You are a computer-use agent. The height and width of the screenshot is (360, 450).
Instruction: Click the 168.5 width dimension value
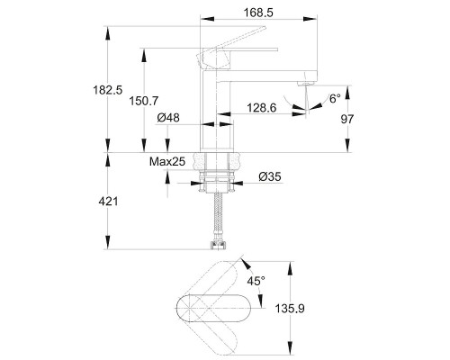click(x=258, y=13)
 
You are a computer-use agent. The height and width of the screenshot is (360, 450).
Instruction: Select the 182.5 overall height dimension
click(x=108, y=90)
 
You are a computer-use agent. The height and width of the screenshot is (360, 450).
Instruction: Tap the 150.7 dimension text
click(x=143, y=101)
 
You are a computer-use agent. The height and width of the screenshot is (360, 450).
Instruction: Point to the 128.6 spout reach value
click(x=261, y=108)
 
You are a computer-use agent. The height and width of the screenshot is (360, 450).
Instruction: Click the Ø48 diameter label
click(x=168, y=118)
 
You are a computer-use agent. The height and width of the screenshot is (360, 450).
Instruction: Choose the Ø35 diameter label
click(x=270, y=176)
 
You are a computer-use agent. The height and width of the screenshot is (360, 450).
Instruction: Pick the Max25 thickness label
click(x=167, y=162)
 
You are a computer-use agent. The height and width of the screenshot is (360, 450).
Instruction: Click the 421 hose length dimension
click(x=108, y=202)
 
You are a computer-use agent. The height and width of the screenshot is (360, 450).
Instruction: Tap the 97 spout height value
click(x=347, y=119)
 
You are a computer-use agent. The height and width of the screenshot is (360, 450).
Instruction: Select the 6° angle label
click(x=335, y=98)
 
